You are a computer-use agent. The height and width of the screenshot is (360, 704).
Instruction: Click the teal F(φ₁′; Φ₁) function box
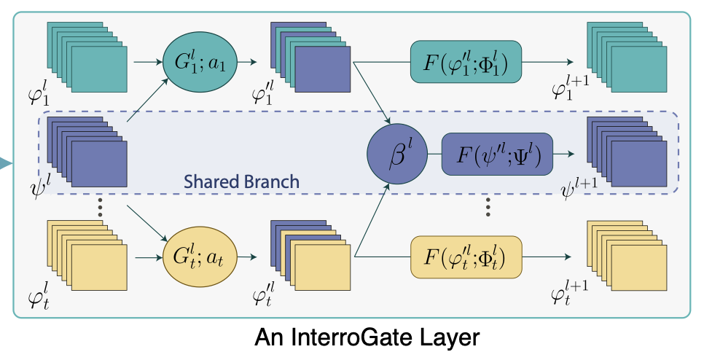click(x=467, y=62)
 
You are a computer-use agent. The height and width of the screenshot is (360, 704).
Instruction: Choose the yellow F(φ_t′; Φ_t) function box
click(x=466, y=257)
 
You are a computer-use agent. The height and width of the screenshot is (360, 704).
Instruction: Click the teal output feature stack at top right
click(x=626, y=54)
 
